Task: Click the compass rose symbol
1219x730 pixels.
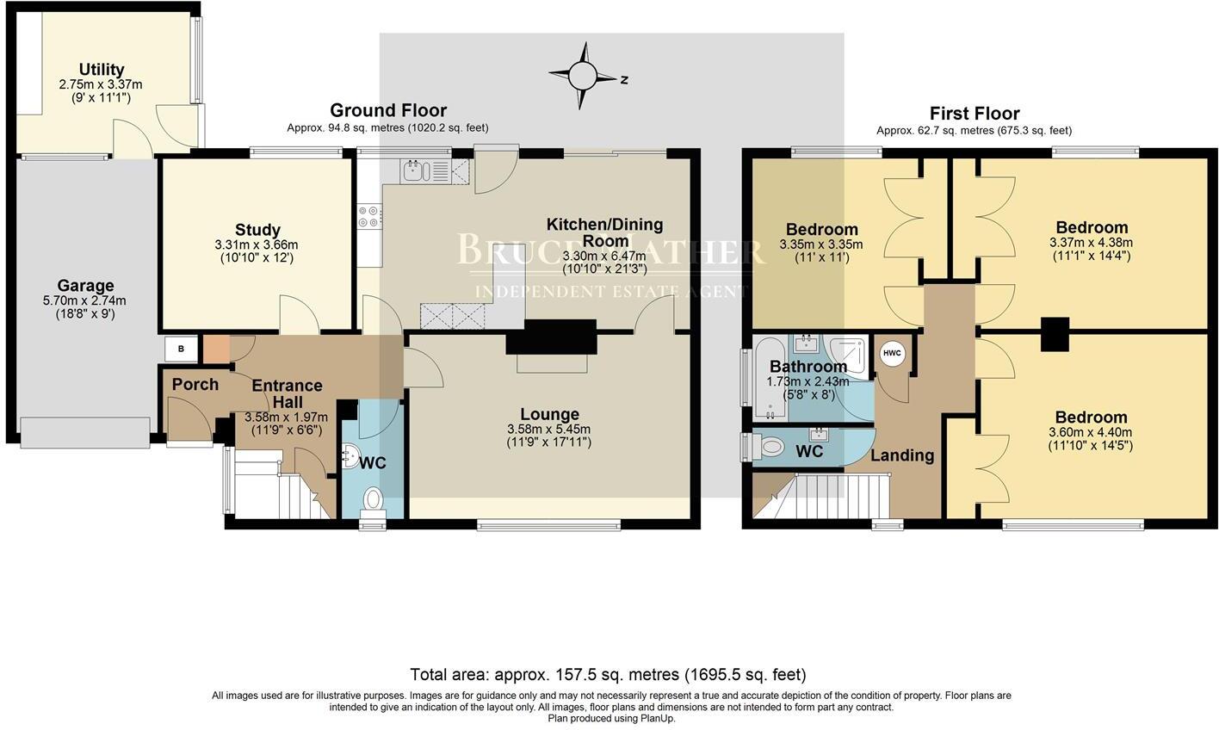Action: click(x=583, y=77)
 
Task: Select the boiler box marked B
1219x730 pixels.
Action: click(x=181, y=349)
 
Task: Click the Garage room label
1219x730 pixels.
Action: click(x=85, y=286)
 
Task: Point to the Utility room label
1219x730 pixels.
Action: click(x=102, y=70)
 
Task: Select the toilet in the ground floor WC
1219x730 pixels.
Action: click(x=373, y=498)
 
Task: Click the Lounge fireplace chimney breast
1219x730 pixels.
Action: click(x=551, y=337)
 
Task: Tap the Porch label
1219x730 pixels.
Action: click(x=195, y=384)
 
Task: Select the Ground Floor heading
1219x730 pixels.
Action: click(x=388, y=110)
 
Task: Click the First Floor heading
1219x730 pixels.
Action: click(x=974, y=114)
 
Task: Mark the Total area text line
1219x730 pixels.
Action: click(x=608, y=674)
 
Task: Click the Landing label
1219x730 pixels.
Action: click(x=902, y=455)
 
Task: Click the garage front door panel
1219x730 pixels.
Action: click(x=84, y=433)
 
